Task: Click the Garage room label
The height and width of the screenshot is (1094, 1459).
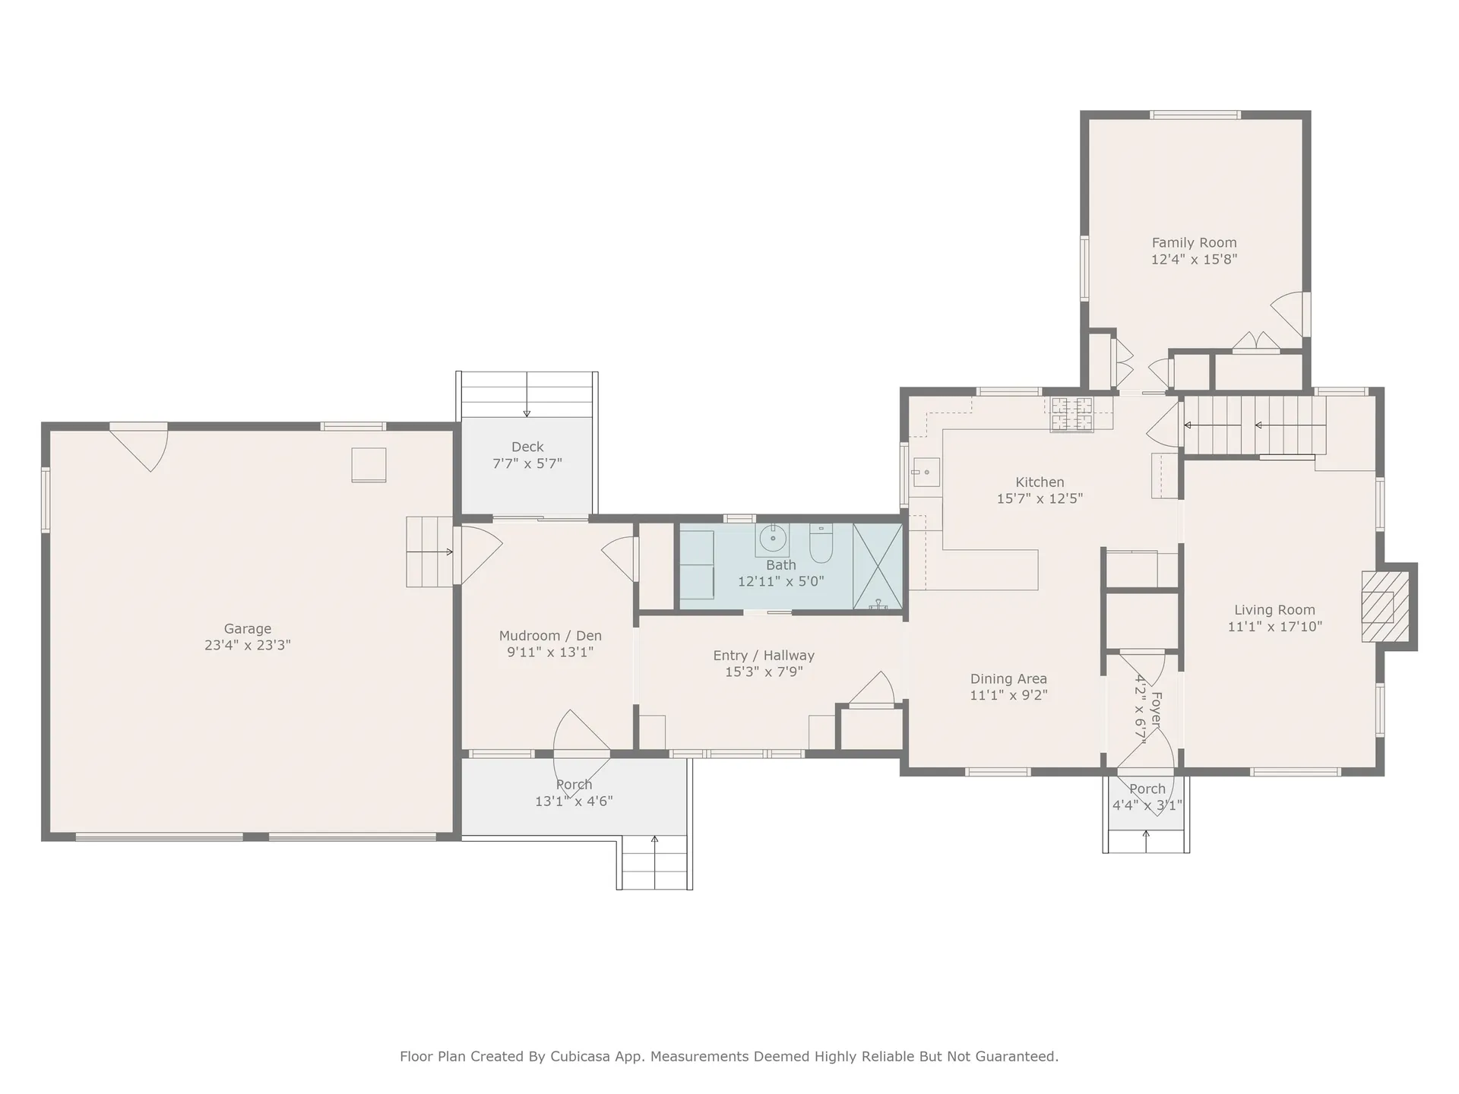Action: tap(247, 628)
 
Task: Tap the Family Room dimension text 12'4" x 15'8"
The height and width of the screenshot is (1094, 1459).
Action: tap(1194, 259)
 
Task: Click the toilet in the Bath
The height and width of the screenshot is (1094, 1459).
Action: tap(821, 544)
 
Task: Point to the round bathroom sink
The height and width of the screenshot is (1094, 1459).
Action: tap(773, 539)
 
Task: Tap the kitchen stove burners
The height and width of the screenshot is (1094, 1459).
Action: tap(1071, 414)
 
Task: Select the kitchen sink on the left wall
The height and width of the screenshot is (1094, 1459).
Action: tap(926, 473)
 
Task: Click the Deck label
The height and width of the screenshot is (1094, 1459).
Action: tap(527, 447)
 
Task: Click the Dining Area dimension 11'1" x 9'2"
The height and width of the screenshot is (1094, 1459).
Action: tap(1008, 695)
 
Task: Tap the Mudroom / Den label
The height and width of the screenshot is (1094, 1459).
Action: tap(550, 636)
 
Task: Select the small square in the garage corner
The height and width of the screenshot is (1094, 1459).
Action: tap(369, 465)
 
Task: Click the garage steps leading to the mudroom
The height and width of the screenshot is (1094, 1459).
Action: tap(429, 552)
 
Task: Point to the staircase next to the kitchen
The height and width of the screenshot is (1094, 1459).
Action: tap(1255, 425)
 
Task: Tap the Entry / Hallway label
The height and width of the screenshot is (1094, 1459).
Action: tap(764, 655)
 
